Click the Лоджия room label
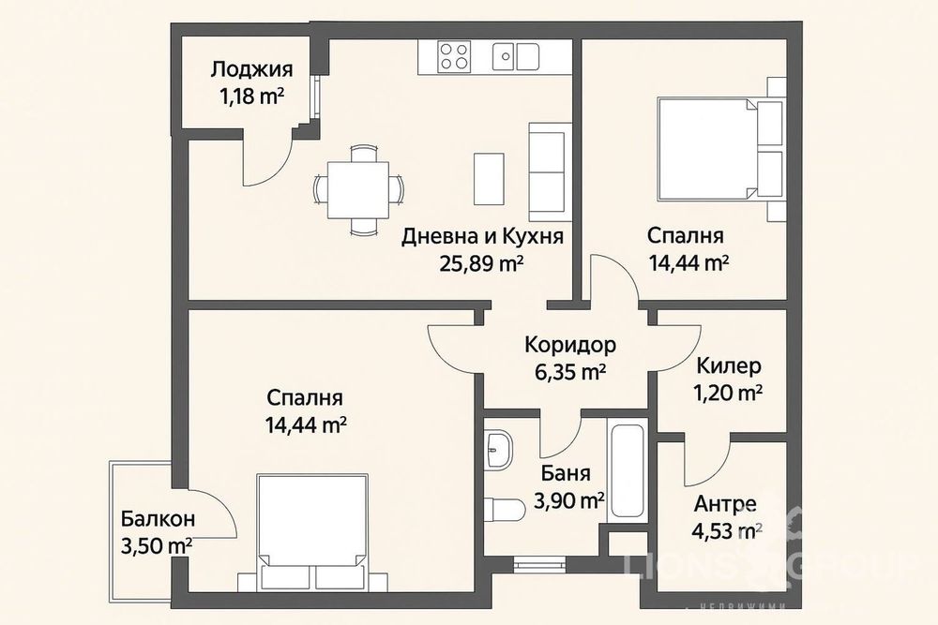(251, 68)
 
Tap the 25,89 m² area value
(481, 263)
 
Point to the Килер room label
(729, 365)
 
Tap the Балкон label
(158, 517)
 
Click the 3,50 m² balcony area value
(158, 544)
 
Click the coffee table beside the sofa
(489, 176)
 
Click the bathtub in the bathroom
(625, 474)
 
